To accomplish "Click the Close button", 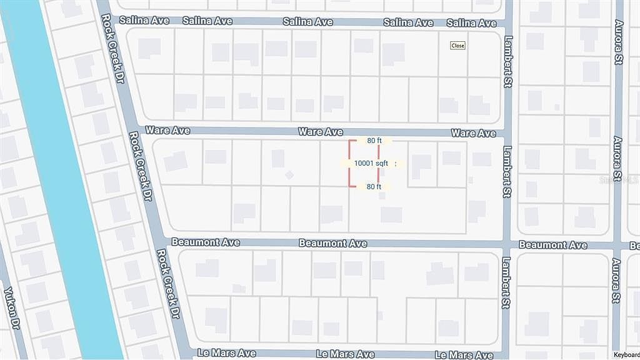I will pos(458,46).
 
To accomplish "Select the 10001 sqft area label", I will pos(371,163).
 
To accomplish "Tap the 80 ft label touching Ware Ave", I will pos(374,141).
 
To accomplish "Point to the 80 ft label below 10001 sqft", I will pos(374,186).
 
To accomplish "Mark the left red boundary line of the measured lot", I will pos(349,163).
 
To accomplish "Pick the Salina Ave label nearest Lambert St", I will pos(471,23).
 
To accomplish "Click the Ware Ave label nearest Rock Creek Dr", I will pos(167,131).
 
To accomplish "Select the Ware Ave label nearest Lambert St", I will pos(473,133).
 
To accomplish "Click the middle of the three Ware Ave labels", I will pos(321,132).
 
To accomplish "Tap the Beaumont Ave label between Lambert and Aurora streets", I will pos(552,245).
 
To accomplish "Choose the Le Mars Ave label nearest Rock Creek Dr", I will pos(226,353).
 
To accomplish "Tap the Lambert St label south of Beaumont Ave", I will pos(507,283).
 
